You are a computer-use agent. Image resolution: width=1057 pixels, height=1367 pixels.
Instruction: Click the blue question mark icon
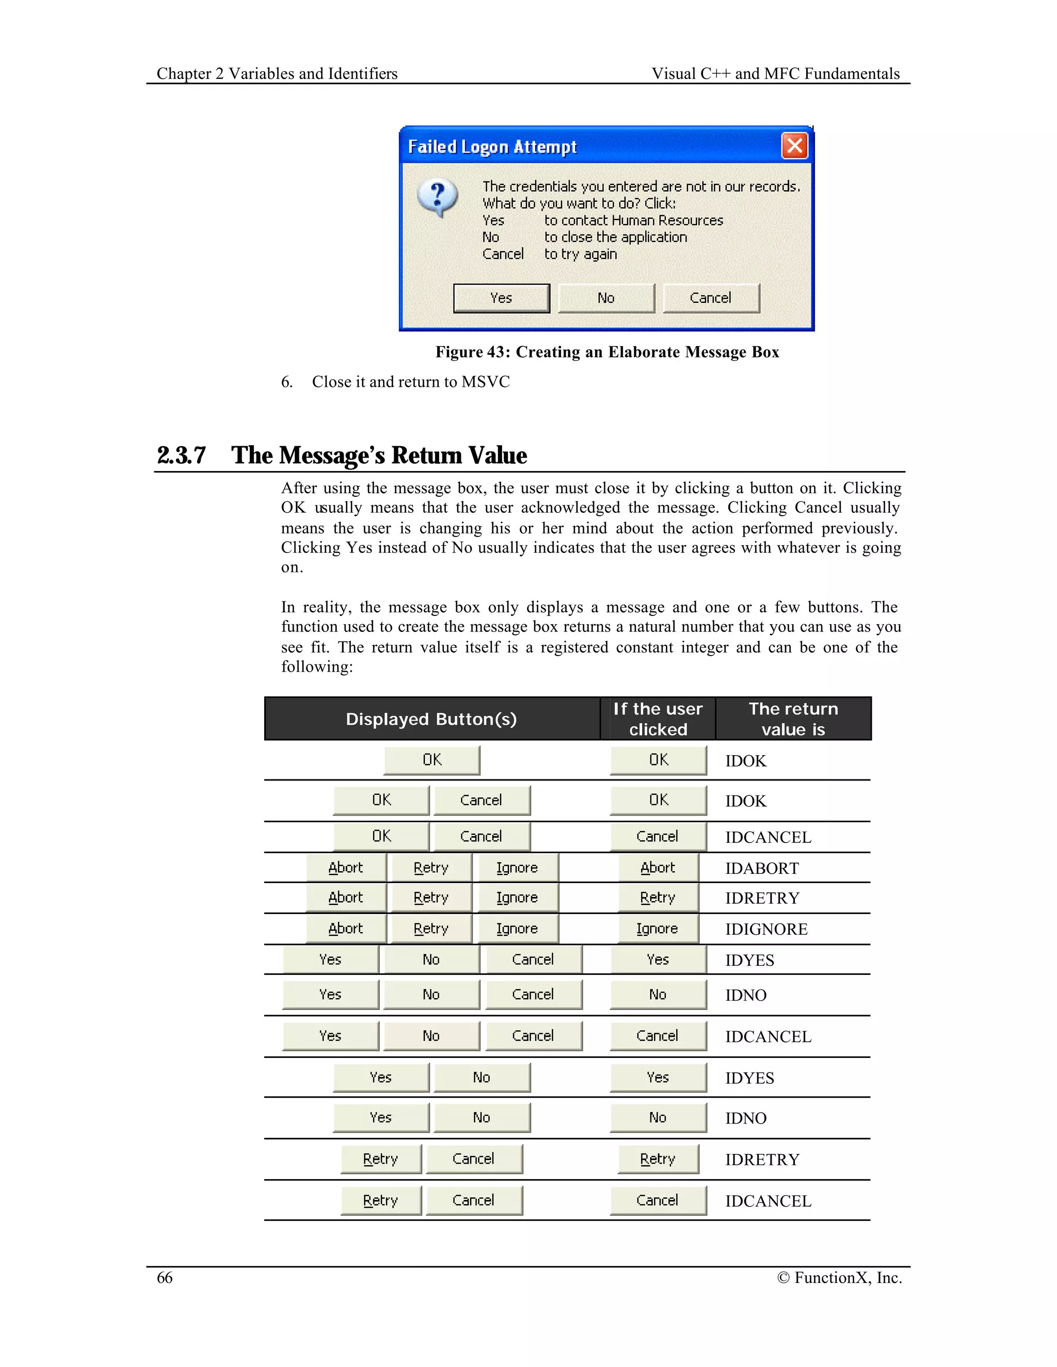(438, 197)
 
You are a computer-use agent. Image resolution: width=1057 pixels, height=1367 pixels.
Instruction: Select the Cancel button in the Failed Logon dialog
(711, 298)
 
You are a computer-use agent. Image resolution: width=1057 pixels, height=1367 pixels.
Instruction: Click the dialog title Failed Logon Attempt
(492, 147)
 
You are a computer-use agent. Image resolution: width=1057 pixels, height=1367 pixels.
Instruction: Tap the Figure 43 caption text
(607, 352)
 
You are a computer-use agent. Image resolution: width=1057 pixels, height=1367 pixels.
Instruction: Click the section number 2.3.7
(181, 455)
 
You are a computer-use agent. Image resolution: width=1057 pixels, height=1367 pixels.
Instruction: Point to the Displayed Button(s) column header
(431, 719)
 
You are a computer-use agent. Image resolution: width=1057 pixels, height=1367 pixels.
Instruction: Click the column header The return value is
(793, 719)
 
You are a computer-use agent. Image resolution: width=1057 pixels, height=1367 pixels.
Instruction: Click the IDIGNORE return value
(766, 929)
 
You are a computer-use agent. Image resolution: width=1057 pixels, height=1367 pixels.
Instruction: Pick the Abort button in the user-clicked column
(658, 868)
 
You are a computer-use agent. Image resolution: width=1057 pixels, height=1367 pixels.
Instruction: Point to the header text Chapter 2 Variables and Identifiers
(277, 74)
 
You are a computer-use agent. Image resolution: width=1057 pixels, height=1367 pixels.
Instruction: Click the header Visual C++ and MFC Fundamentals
(775, 74)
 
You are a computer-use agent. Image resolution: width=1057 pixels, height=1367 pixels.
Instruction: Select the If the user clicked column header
(658, 719)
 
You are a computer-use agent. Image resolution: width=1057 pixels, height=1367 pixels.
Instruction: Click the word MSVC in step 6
(485, 382)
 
